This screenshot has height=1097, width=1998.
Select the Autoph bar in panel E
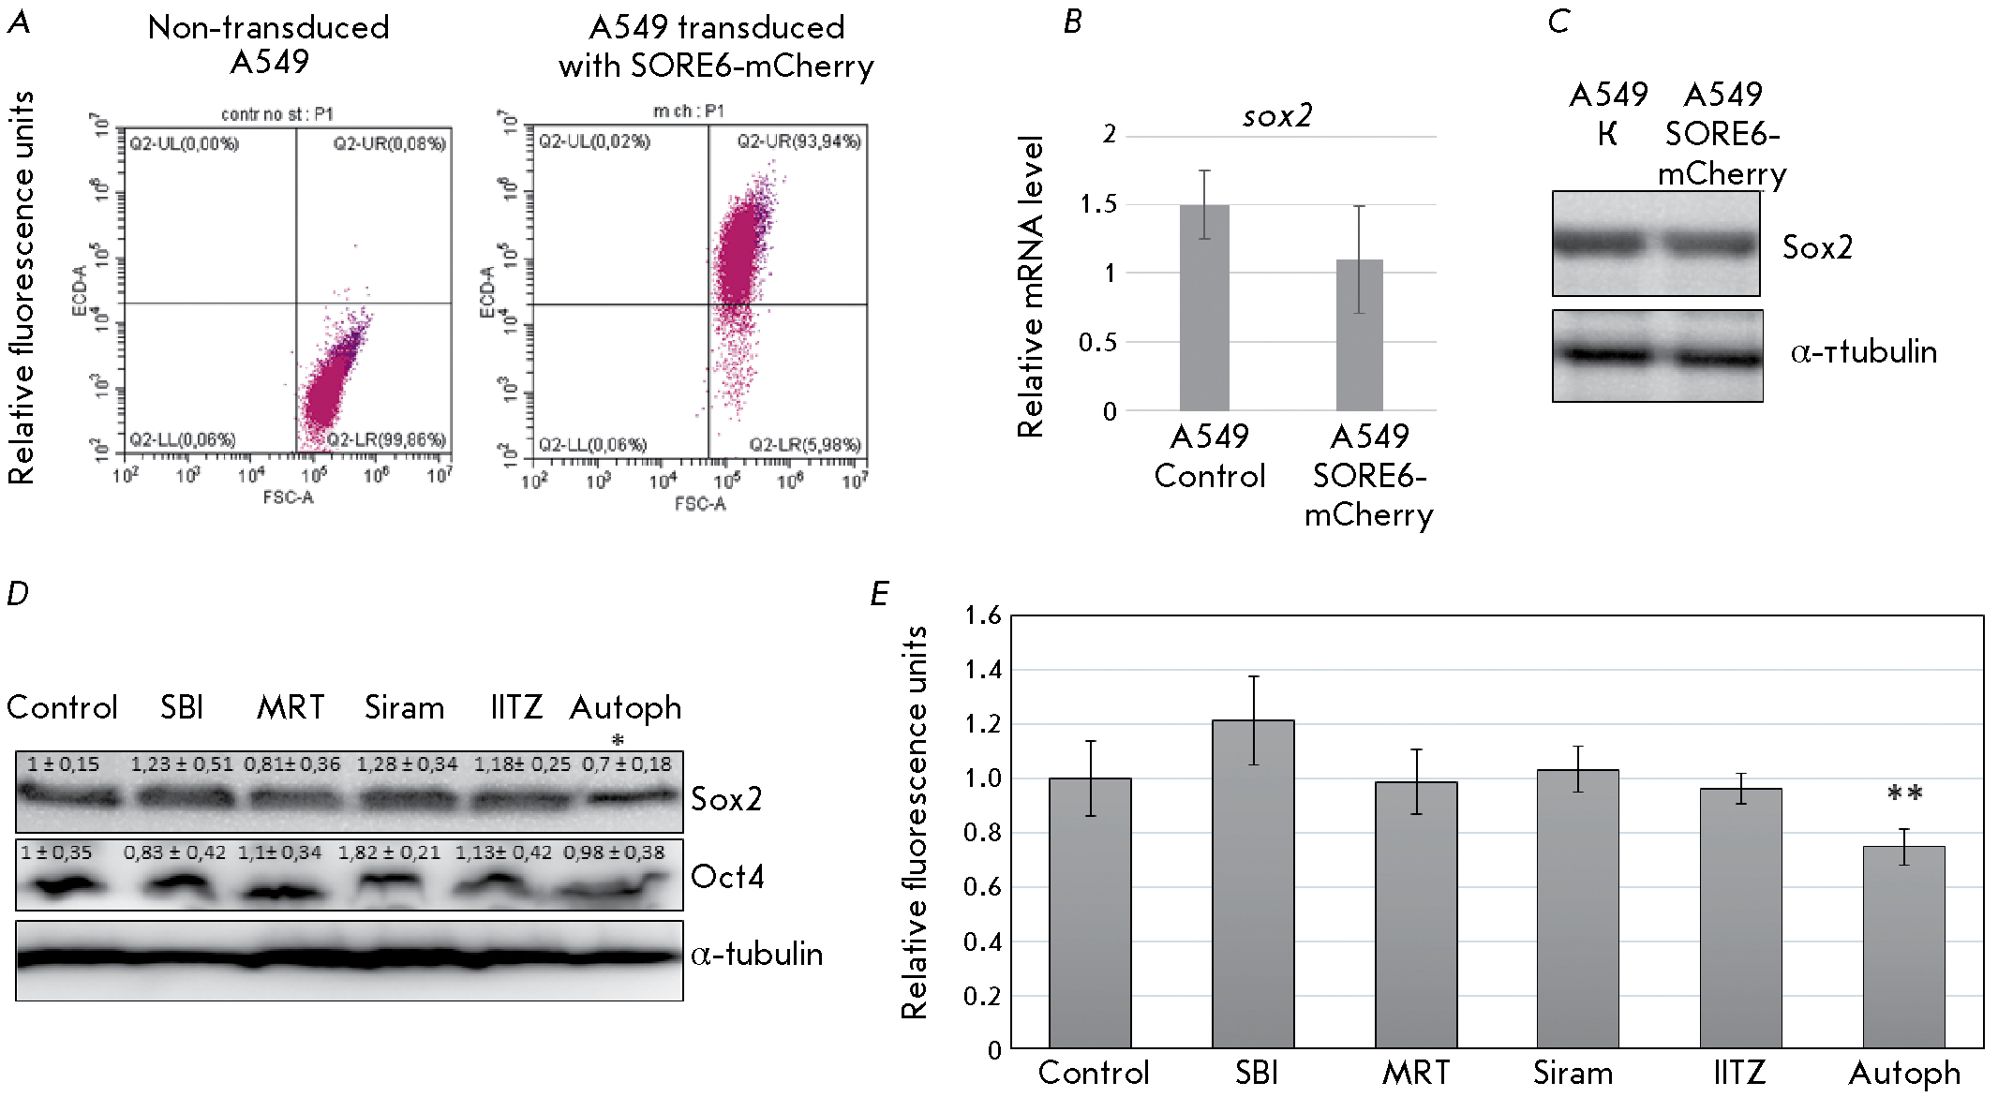point(1903,946)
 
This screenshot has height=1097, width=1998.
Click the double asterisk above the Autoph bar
point(1904,795)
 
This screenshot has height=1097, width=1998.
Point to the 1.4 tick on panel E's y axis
point(983,670)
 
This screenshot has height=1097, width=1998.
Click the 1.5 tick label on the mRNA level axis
point(1098,204)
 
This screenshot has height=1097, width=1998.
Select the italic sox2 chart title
point(1277,116)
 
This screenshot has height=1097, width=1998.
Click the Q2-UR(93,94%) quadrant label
point(798,141)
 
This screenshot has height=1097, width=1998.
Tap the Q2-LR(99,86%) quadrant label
point(386,439)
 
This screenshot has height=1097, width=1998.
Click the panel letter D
point(17,593)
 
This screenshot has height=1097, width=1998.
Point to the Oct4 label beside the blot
point(727,877)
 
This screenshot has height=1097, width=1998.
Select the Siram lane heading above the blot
point(404,707)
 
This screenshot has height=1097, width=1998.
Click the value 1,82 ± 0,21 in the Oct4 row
point(389,852)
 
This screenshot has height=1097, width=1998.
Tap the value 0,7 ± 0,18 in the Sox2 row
point(627,764)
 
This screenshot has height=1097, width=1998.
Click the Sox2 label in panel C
point(1817,247)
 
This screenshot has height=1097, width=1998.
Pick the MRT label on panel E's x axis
point(1416,1073)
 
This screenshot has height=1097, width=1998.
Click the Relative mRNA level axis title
point(1031,286)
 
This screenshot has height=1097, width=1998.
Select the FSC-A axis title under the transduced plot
point(700,504)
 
